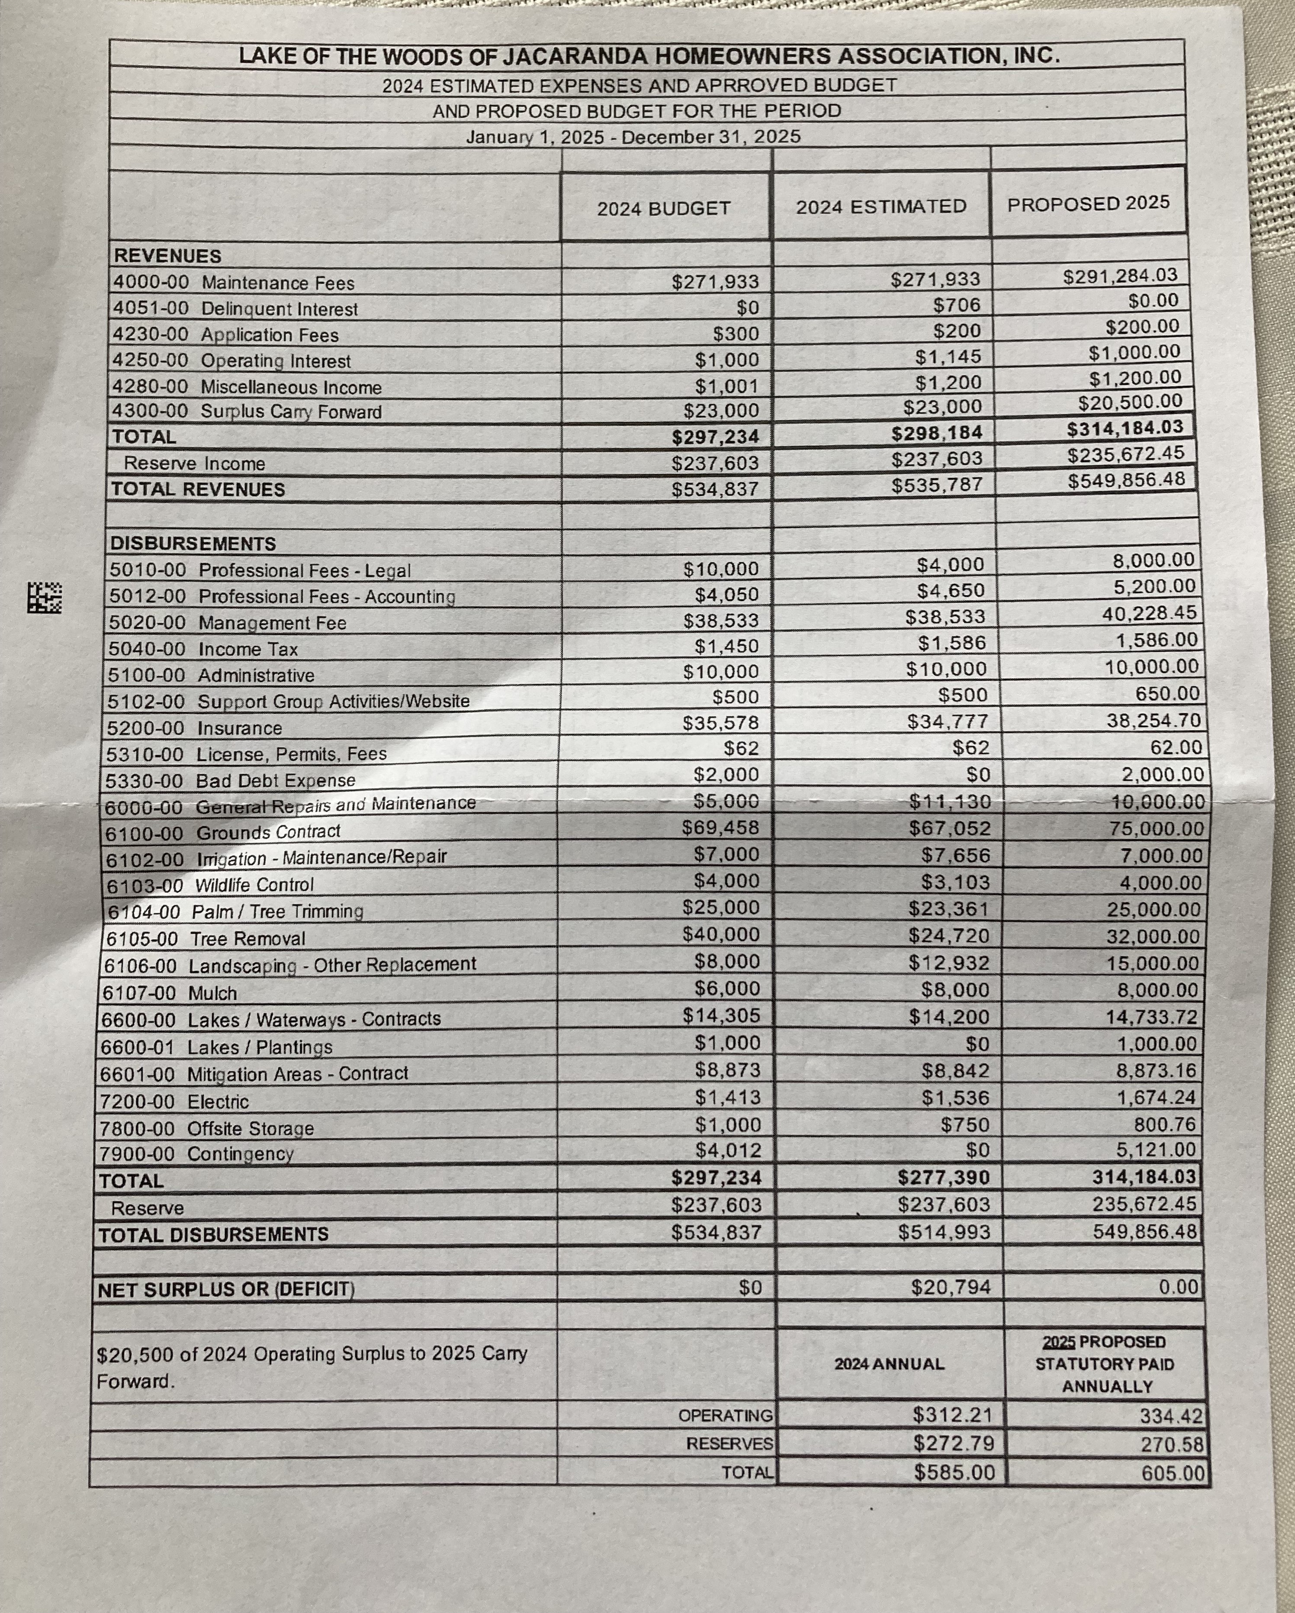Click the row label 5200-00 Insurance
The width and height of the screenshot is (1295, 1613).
[x=195, y=728]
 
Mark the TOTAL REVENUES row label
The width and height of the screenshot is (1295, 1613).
[x=198, y=489]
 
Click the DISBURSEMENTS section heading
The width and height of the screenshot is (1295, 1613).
[x=193, y=543]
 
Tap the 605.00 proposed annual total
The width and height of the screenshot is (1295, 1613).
[x=1172, y=1473]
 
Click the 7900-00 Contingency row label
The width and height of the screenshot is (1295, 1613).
[x=196, y=1154]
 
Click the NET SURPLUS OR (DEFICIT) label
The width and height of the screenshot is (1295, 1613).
[x=226, y=1289]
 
